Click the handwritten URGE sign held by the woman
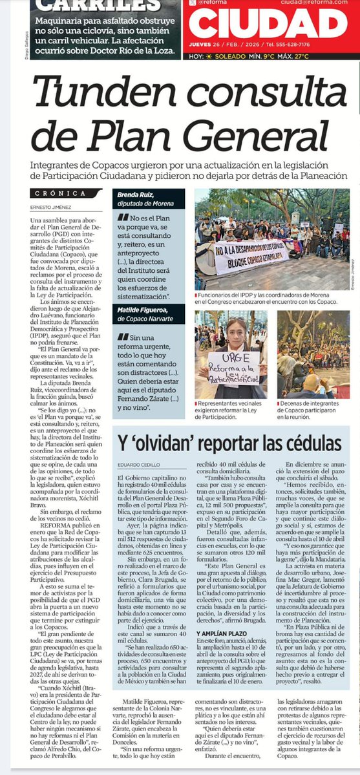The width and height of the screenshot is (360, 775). [x=231, y=366]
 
